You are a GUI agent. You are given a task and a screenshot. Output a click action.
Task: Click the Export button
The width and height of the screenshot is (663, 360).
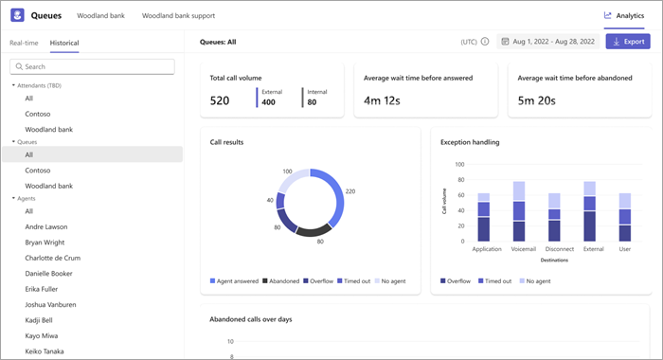point(628,42)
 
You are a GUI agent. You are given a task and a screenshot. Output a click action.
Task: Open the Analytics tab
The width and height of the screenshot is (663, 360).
point(623,15)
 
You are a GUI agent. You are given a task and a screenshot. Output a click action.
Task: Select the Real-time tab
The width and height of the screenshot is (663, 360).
point(25,43)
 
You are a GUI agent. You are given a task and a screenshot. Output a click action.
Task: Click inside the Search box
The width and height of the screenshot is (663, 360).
point(92,66)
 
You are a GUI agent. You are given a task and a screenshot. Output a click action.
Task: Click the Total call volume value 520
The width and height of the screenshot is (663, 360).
point(220,99)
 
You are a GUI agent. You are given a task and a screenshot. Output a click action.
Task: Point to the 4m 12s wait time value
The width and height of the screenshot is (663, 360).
point(382,99)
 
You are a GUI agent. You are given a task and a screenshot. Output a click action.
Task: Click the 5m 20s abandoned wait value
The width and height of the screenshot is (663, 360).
point(536,99)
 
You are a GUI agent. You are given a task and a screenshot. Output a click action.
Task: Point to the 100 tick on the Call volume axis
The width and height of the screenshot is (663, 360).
point(458,164)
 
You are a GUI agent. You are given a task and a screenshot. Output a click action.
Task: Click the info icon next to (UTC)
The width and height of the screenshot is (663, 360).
point(485,42)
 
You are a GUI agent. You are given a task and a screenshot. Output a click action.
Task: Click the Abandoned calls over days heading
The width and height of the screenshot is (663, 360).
point(251,319)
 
